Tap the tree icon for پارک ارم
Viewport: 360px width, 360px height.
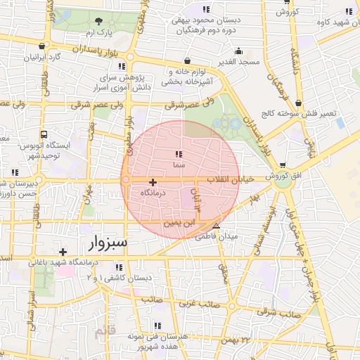(98, 21)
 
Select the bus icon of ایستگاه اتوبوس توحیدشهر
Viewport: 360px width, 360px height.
(44, 134)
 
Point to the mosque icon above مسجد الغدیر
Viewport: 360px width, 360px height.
(238, 51)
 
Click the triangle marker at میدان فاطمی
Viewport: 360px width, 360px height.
(216, 226)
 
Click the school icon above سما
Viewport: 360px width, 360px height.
(179, 153)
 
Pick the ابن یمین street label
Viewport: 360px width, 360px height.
(176, 223)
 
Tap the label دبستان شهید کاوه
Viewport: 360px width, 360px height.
(332, 22)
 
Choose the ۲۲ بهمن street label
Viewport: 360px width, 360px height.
(236, 340)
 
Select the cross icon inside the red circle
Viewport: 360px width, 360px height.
(153, 182)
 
